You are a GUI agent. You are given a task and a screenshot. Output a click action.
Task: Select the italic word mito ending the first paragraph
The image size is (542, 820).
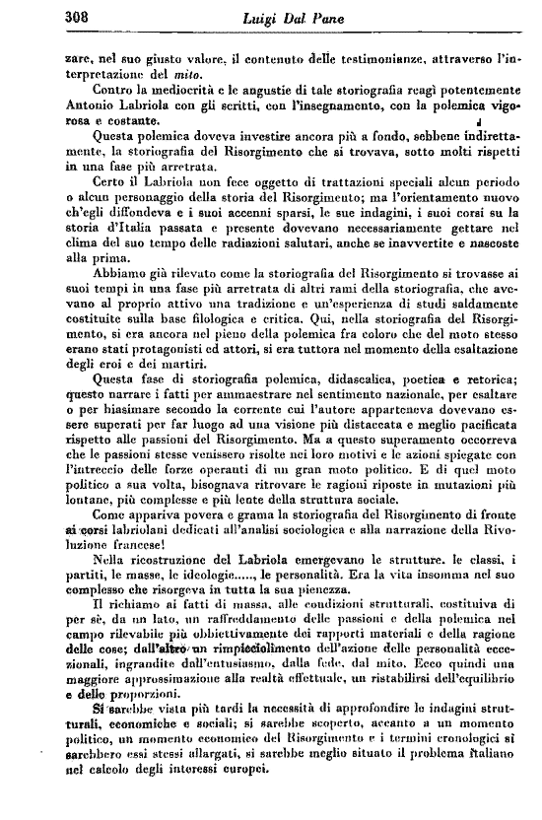point(174,75)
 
